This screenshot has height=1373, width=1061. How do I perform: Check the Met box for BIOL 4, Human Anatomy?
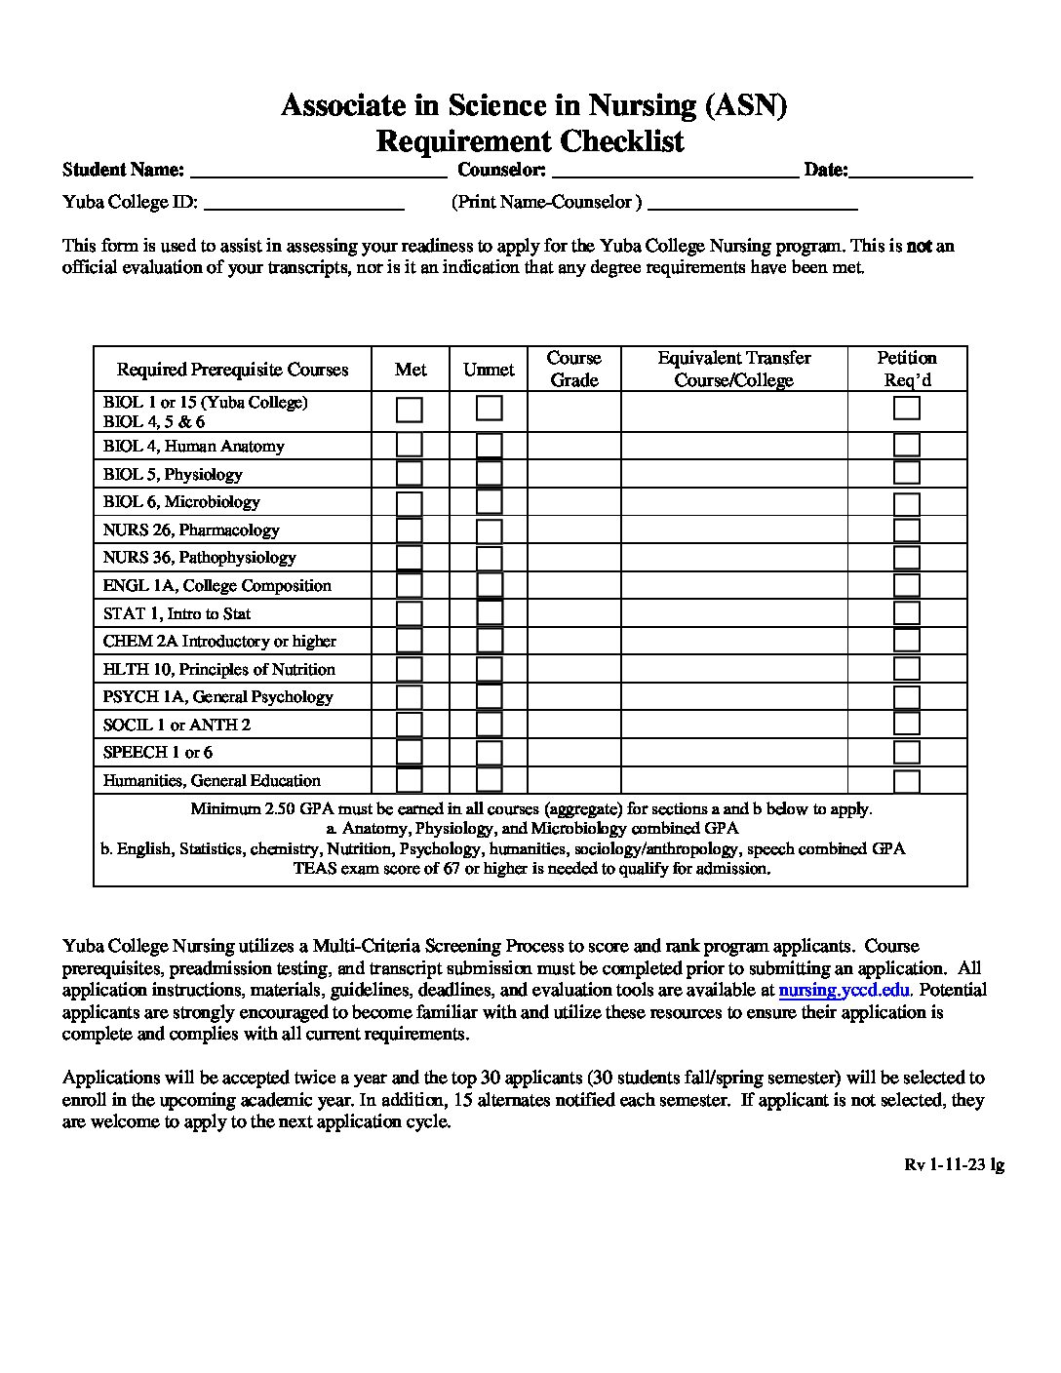tap(410, 446)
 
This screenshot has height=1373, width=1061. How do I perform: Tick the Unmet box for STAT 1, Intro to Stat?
tap(489, 613)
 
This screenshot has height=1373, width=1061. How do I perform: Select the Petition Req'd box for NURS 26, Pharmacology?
tap(907, 530)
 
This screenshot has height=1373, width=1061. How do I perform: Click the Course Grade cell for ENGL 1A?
tap(573, 585)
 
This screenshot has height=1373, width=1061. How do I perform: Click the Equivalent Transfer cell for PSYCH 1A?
tap(733, 696)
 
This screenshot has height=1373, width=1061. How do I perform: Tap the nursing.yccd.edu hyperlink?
tap(845, 990)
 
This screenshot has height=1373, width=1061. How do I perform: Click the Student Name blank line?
tap(318, 172)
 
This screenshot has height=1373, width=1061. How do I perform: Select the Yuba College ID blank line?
tap(304, 203)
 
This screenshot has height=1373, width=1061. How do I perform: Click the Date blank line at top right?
tap(911, 172)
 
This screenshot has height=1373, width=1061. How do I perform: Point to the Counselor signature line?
tap(675, 172)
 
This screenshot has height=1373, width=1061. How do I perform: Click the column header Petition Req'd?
tap(907, 369)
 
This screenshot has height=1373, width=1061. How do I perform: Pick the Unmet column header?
tap(489, 370)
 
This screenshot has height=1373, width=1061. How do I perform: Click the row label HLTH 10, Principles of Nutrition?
tap(219, 669)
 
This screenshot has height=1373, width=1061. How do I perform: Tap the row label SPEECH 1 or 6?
tap(158, 752)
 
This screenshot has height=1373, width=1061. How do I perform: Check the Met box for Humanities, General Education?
tap(410, 780)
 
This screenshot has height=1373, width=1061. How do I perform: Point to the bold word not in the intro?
tap(919, 246)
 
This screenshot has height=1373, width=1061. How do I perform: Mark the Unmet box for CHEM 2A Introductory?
tap(489, 641)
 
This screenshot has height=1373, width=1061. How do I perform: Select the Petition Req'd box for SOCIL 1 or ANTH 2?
tap(907, 724)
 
